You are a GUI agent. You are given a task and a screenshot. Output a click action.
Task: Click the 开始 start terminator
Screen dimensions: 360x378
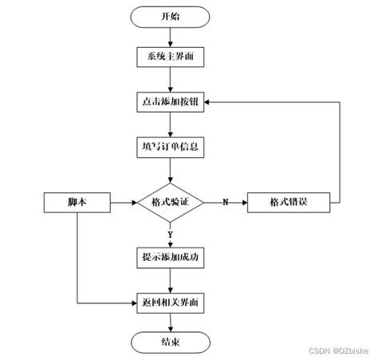170,16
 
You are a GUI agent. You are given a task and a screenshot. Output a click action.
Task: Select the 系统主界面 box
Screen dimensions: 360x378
170,57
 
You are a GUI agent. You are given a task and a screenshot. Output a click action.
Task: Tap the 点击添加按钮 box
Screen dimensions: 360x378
170,103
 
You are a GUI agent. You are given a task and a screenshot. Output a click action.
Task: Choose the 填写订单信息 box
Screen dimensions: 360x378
170,147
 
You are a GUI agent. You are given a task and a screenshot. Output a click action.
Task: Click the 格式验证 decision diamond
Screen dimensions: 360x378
170,202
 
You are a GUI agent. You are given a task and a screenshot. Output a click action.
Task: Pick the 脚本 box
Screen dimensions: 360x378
77,202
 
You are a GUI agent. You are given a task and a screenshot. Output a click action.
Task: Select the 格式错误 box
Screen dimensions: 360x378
288,202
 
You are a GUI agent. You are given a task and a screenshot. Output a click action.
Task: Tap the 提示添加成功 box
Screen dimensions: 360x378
170,256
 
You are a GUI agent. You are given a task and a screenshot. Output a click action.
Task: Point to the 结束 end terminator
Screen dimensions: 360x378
170,342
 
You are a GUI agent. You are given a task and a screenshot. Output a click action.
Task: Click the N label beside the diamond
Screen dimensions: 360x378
225,202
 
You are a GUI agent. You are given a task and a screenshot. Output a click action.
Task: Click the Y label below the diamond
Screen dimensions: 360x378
170,233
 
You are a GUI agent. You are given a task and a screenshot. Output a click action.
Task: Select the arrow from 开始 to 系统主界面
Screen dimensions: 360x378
170,37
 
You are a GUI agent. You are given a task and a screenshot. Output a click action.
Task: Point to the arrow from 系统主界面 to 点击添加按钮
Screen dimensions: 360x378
170,80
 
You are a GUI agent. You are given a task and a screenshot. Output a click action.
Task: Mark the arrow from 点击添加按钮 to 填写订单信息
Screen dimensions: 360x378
170,125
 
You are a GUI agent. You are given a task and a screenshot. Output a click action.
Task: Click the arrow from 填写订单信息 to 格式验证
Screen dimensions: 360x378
170,169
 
